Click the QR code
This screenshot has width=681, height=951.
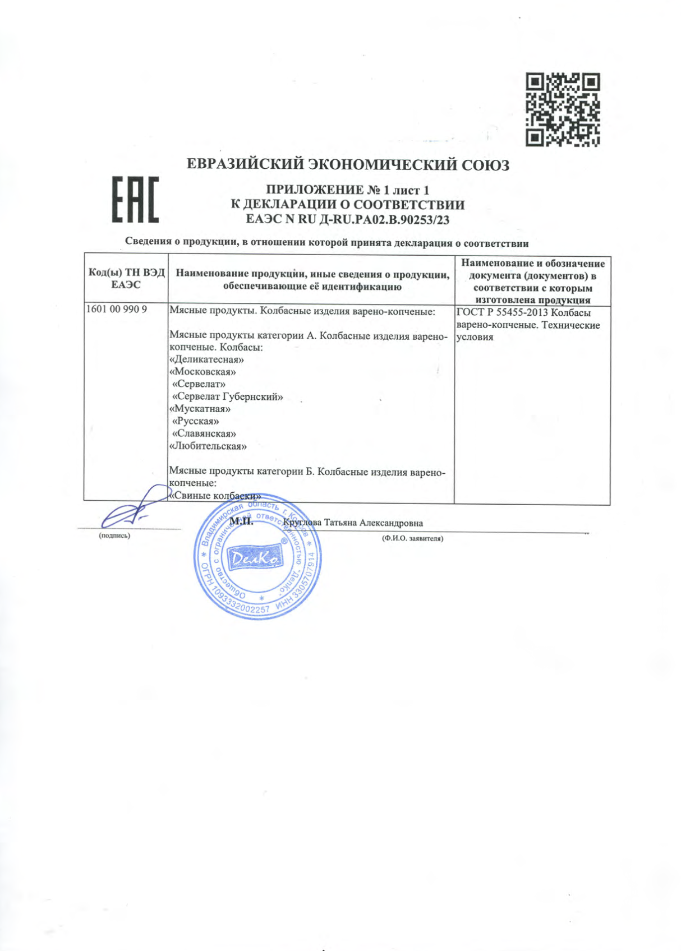pos(562,109)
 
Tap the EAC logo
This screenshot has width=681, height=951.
pos(135,199)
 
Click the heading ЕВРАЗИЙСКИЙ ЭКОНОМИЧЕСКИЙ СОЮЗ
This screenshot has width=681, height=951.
pos(348,165)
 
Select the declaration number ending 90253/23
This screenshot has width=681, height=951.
pos(348,220)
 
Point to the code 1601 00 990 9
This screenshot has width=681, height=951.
pos(117,309)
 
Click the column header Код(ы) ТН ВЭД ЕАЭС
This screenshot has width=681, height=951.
pos(126,279)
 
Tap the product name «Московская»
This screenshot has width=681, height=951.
pos(202,372)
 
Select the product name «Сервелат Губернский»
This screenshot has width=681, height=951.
pos(227,397)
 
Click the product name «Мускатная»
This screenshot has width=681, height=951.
pos(200,409)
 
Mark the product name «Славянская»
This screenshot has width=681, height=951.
pos(204,433)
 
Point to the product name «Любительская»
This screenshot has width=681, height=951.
pos(208,446)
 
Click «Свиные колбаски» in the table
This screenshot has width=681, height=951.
pos(215,496)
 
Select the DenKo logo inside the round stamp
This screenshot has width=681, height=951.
pos(256,558)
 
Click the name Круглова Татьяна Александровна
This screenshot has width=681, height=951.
pos(353,523)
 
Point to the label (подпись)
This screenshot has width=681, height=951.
pos(114,535)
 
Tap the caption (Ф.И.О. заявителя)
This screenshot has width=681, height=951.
pos(412,538)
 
